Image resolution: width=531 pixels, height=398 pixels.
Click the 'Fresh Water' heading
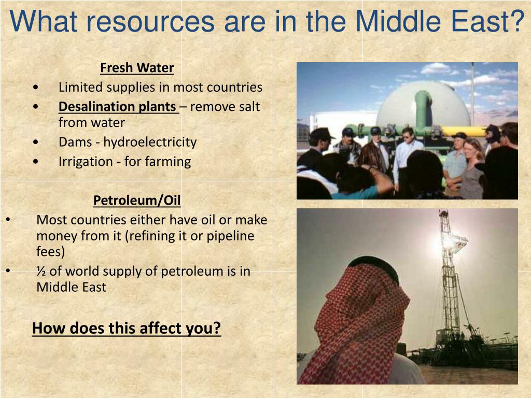[x=137, y=68]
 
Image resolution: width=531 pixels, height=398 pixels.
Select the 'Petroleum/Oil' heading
[x=137, y=201]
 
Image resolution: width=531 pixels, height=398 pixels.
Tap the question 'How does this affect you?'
[x=127, y=328]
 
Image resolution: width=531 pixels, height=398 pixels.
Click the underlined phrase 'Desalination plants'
[x=117, y=107]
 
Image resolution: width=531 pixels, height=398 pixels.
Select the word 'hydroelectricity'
[x=150, y=142]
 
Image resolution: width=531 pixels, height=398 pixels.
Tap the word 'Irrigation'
[x=86, y=162]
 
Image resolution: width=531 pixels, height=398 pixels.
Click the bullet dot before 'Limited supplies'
[x=36, y=87]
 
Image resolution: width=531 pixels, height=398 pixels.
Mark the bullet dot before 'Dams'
[x=36, y=142]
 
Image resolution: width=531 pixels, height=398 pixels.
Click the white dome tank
[x=423, y=104]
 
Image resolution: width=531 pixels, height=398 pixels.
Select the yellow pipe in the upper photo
[x=464, y=131]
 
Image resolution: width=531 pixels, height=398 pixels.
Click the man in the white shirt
[x=408, y=159]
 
